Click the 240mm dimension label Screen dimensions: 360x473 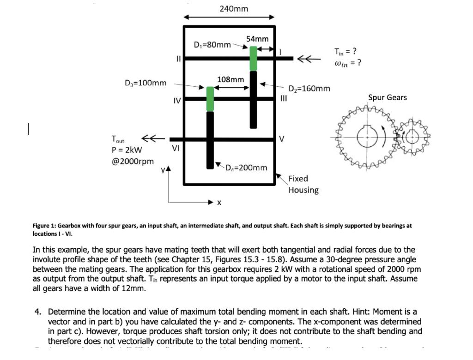(234, 9)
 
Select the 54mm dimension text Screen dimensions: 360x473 (257, 39)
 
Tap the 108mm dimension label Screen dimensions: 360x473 (230, 79)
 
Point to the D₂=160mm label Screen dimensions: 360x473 (309, 88)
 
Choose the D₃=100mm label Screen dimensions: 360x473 (146, 83)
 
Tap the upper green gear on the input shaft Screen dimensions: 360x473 (253, 58)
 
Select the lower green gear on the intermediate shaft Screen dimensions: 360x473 (210, 99)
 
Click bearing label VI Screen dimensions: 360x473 (176, 148)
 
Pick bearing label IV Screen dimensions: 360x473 (176, 100)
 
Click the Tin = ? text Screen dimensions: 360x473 (345, 51)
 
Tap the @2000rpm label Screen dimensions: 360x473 (133, 161)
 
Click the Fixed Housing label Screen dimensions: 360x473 (303, 184)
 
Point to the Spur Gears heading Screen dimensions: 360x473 (387, 97)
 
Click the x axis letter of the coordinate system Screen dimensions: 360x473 (219, 203)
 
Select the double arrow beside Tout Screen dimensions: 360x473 (152, 138)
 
